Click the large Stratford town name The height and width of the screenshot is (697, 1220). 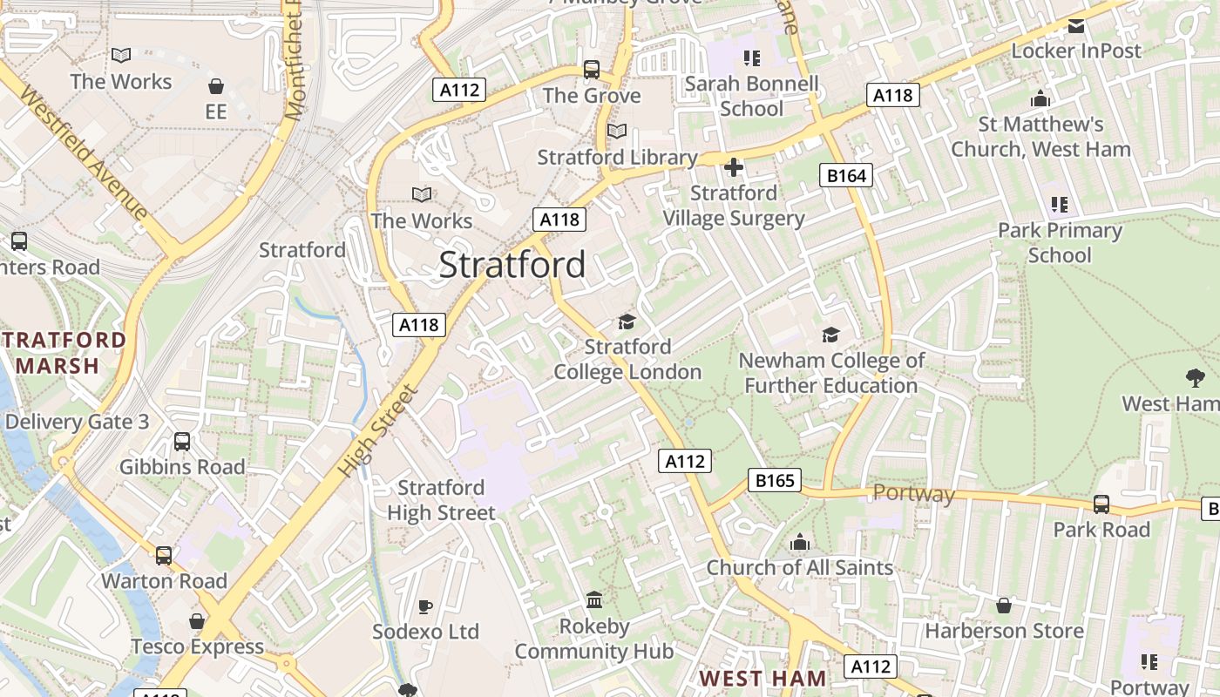pyautogui.click(x=512, y=264)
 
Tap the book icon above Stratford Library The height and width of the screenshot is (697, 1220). pyautogui.click(x=616, y=131)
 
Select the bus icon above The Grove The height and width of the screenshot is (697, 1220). pyautogui.click(x=592, y=69)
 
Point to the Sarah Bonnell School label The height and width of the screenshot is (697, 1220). pyautogui.click(x=751, y=96)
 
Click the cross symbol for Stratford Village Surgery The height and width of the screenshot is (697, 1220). pyautogui.click(x=734, y=166)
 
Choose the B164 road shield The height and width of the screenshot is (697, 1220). pyautogui.click(x=846, y=175)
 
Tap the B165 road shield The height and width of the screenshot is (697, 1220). pyautogui.click(x=774, y=479)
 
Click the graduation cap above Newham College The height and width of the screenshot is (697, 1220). pyautogui.click(x=830, y=335)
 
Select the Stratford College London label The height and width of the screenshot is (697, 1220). pyautogui.click(x=627, y=359)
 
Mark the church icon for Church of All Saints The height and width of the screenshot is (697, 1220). pyautogui.click(x=800, y=543)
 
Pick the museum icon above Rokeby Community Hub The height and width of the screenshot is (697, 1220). pyautogui.click(x=594, y=600)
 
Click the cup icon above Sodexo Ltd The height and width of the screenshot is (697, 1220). pyautogui.click(x=425, y=606)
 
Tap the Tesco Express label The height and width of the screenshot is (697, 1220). pyautogui.click(x=197, y=646)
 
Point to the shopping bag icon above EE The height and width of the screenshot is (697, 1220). pyautogui.click(x=215, y=86)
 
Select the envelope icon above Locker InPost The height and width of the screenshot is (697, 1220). pyautogui.click(x=1076, y=25)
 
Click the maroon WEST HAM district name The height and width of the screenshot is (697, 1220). pyautogui.click(x=762, y=678)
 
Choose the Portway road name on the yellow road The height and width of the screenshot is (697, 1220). pyautogui.click(x=913, y=494)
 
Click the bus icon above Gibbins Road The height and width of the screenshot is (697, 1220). pyautogui.click(x=182, y=442)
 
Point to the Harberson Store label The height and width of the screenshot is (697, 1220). pyautogui.click(x=1004, y=630)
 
